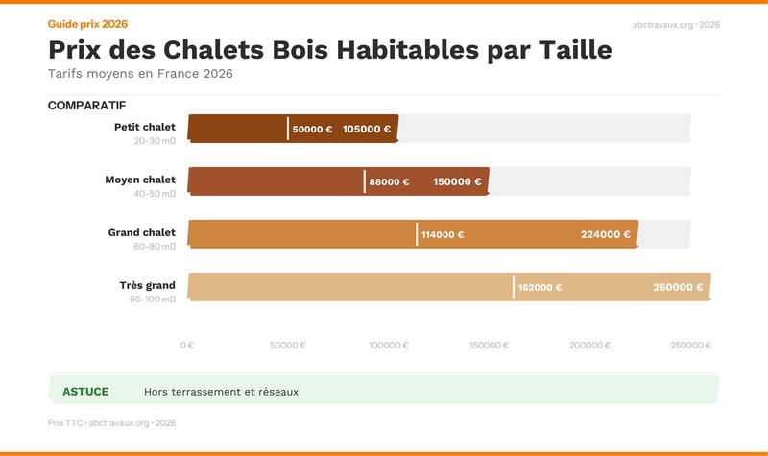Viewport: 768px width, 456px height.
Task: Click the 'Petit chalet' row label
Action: (144, 127)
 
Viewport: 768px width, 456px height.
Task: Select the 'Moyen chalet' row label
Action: (140, 180)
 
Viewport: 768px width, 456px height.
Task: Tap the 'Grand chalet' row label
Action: (141, 232)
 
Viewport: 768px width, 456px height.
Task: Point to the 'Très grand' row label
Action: (147, 285)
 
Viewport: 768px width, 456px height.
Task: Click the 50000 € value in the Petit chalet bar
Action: (312, 129)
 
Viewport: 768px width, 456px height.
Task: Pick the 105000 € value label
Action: (367, 129)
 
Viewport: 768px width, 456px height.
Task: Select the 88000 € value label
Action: (389, 181)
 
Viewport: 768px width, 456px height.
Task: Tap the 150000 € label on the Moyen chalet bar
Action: (457, 181)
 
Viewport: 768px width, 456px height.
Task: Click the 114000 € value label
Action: (443, 234)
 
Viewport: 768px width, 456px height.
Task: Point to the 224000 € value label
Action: (605, 234)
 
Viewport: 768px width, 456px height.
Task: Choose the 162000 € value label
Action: (540, 287)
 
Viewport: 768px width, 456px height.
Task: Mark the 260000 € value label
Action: (678, 287)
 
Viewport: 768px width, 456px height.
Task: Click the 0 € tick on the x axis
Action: (187, 346)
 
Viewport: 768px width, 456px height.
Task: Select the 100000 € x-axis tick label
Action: (389, 346)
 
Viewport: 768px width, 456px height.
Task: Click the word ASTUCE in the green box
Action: (85, 392)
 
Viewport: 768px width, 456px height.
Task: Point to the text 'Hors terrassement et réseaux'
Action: (221, 392)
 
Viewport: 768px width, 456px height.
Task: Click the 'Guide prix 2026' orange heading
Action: (87, 23)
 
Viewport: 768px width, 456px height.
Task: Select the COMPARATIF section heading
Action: (86, 106)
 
